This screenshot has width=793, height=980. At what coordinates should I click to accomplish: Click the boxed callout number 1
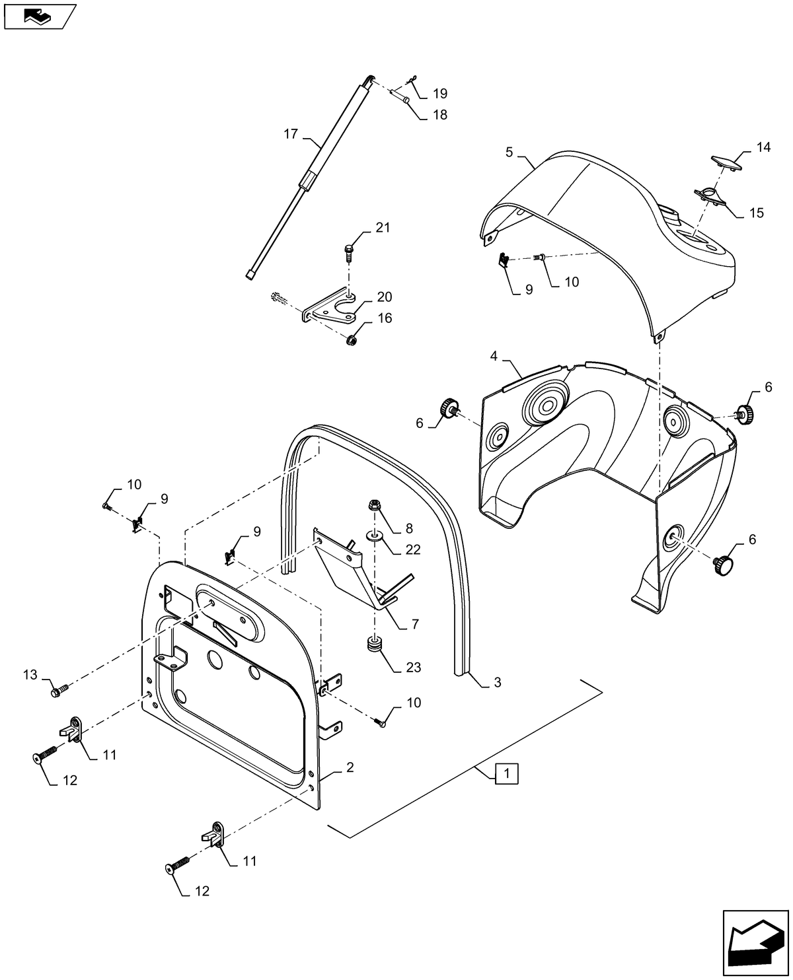506,773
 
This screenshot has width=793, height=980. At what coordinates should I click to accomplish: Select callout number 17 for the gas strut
291,134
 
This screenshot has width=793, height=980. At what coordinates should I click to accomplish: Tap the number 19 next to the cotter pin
440,93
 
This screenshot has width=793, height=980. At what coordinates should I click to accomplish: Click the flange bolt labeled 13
58,691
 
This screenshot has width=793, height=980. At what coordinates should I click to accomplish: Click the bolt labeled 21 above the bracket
348,250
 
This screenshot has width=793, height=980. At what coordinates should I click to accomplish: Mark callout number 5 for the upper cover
509,152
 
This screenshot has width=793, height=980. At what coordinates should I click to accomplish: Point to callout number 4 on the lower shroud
494,357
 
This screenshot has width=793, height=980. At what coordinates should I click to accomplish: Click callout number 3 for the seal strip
497,683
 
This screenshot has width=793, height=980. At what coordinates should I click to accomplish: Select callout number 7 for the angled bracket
414,623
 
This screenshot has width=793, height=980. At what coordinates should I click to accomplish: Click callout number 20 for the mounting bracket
384,297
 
